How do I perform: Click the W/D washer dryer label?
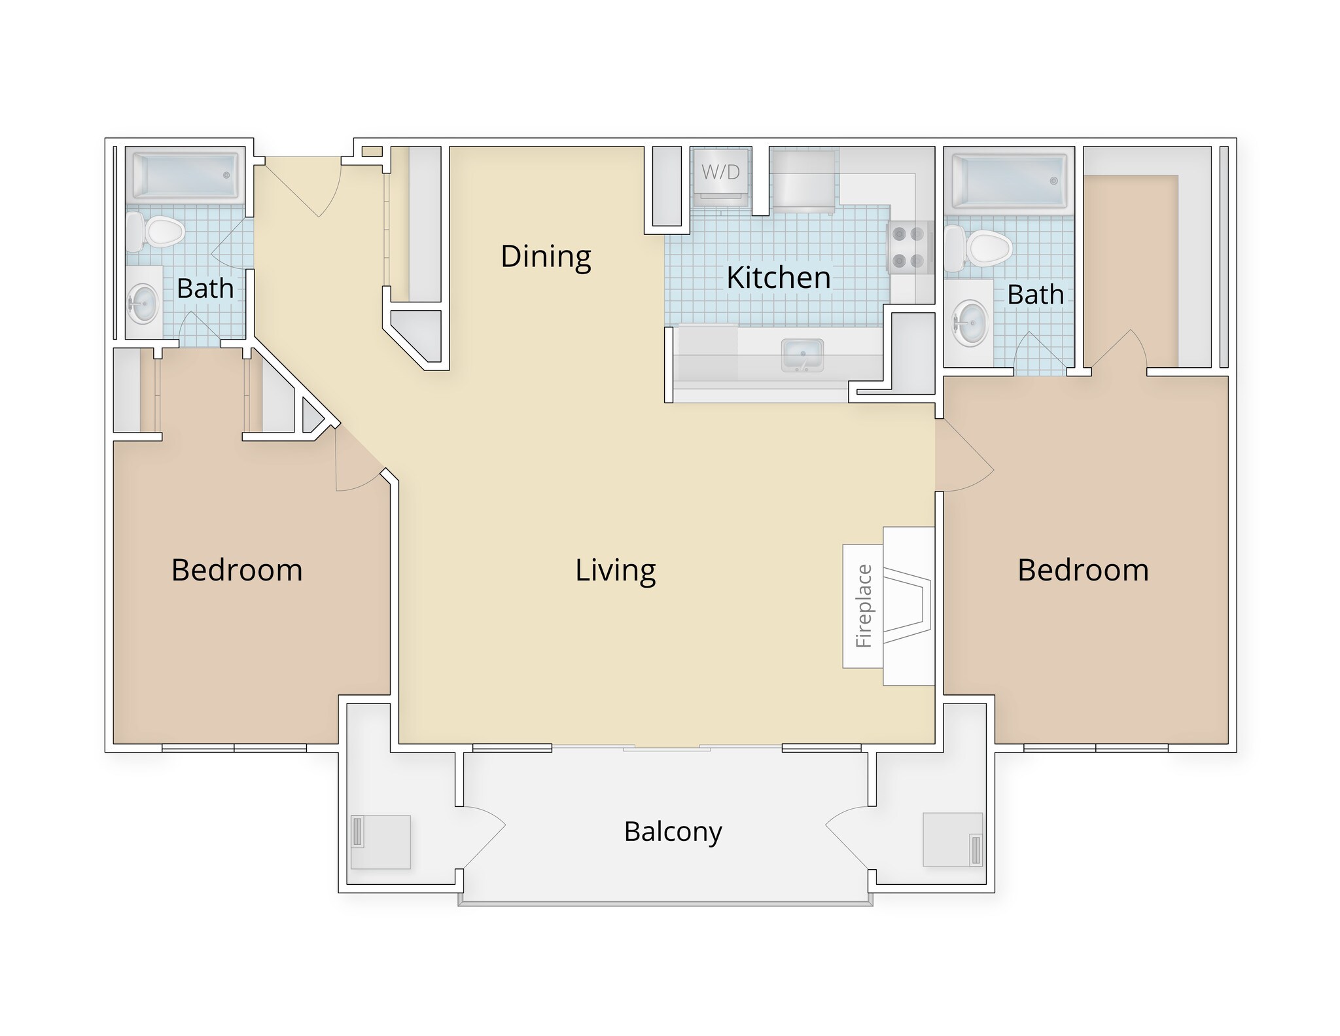pos(720,172)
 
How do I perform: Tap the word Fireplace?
pos(864,606)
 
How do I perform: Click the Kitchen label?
pos(778,278)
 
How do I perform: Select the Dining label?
pos(546,257)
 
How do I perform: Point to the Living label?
pos(615,570)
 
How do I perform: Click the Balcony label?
pos(673,832)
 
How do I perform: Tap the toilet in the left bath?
pos(157,232)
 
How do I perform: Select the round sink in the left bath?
pos(143,304)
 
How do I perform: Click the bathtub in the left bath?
pos(186,175)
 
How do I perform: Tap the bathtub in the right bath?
pos(1010,180)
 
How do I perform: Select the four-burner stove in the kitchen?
pos(909,247)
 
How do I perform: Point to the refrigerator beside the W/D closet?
pos(803,181)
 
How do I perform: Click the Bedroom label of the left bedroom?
pos(237,570)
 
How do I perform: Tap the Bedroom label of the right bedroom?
pos(1083,570)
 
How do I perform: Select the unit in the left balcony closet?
pos(380,842)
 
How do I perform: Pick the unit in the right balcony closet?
pos(953,840)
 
